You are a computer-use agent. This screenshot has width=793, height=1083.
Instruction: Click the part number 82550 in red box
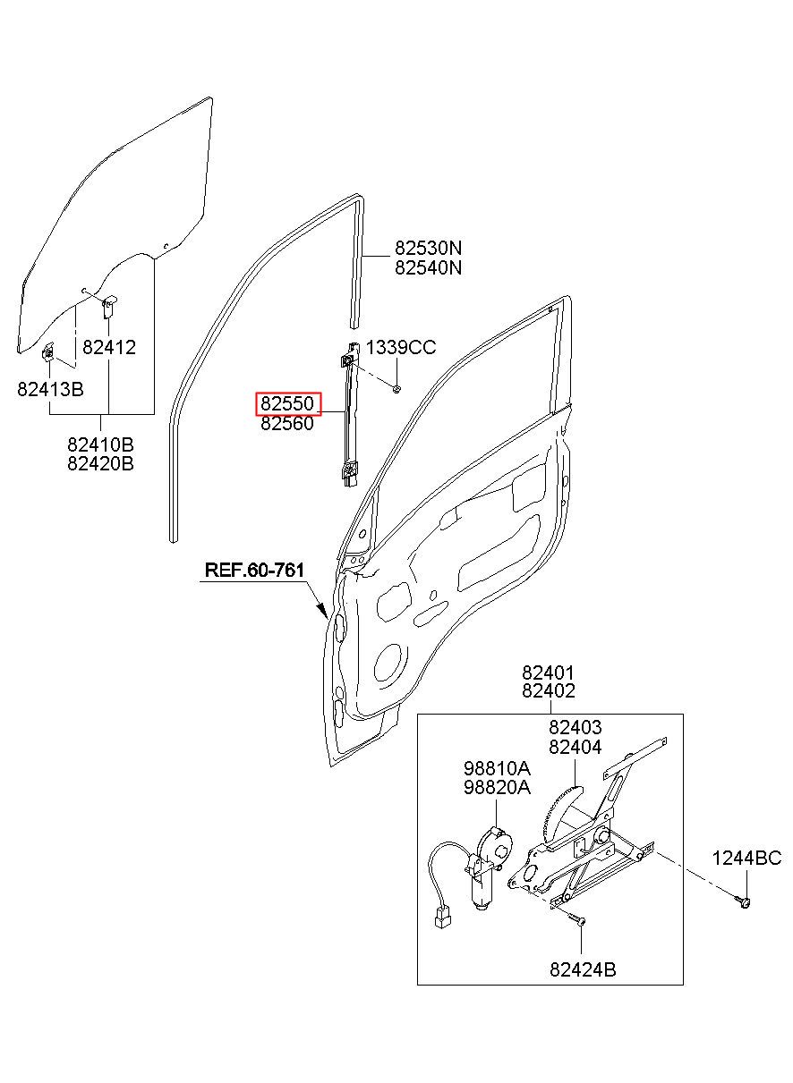pos(287,403)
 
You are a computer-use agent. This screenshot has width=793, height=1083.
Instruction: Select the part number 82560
pos(287,424)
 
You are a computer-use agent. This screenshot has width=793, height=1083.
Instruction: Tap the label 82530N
pos(428,248)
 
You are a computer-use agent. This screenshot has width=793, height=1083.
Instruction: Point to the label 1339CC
pos(401,348)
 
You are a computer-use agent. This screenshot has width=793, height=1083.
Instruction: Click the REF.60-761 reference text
pos(254,570)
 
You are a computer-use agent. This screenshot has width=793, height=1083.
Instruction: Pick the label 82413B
pos(50,389)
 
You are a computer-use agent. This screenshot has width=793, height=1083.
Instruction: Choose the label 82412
pos(109,348)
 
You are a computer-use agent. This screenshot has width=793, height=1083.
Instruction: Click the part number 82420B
pos(100,463)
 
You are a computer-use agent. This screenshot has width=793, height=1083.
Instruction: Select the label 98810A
pos(497,768)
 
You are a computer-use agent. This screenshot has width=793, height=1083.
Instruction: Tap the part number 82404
pos(575,747)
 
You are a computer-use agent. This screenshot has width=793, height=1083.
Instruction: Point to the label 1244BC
pos(746,859)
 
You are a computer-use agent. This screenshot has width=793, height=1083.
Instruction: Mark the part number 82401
pos(548,673)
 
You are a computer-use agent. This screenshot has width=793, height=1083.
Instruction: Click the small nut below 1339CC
pos(396,388)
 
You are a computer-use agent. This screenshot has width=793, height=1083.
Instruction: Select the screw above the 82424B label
pos(575,918)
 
